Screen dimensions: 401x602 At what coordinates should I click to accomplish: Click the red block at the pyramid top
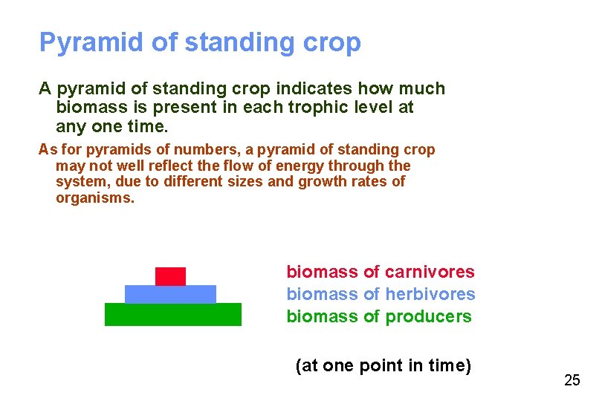coord(170,276)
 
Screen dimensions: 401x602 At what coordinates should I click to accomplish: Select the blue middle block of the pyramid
coord(170,294)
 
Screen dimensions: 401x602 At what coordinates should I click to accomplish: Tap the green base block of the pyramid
coord(173,314)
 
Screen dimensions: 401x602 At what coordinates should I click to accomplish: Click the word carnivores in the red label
coord(431,273)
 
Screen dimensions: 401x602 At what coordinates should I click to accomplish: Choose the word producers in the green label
coord(428,317)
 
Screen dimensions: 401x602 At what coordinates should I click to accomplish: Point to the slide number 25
coord(572,381)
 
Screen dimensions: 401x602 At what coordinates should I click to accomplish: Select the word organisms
coord(95,198)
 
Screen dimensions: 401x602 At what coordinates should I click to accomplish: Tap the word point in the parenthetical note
coord(369,366)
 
